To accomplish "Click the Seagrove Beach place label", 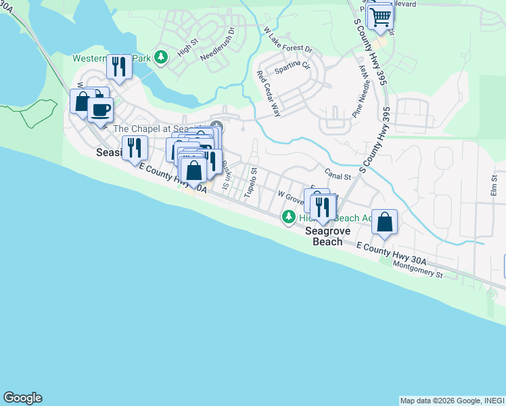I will tap(327, 235).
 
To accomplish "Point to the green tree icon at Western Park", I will tap(160, 58).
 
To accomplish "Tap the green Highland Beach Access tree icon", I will tap(289, 217).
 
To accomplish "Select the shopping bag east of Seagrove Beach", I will tap(384, 221).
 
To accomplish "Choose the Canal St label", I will tap(338, 176).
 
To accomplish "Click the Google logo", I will tap(22, 398).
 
